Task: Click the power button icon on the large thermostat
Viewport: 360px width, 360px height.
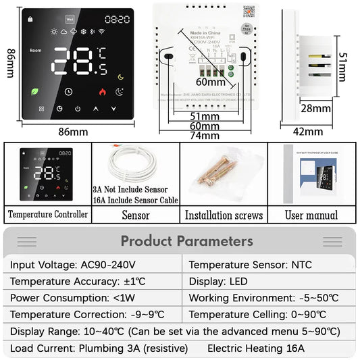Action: coord(78,108)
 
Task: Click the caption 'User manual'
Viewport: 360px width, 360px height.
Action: coord(311,215)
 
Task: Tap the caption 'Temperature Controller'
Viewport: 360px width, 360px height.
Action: coord(47,215)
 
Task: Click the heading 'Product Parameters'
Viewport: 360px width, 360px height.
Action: coord(186,241)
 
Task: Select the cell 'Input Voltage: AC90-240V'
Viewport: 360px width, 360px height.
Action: coord(72,265)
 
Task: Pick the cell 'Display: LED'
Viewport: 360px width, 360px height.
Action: coord(218,281)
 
